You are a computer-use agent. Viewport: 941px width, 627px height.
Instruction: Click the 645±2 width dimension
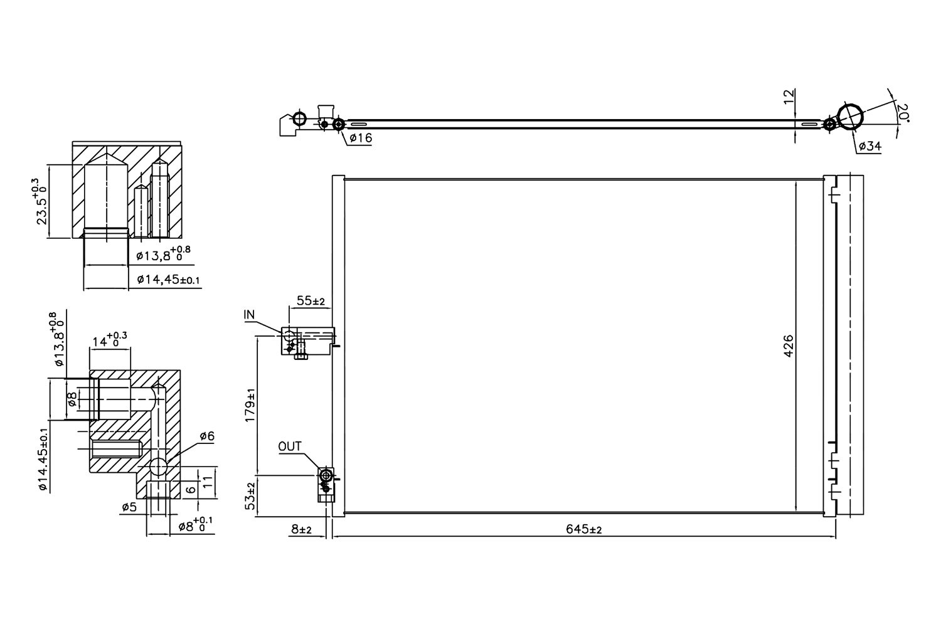583,530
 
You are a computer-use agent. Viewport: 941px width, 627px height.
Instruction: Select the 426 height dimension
789,345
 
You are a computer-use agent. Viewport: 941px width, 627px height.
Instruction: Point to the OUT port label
290,446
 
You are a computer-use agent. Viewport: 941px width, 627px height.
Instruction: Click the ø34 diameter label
869,146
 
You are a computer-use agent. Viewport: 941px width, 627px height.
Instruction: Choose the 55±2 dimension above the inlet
311,302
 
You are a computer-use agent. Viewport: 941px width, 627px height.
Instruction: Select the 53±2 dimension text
250,497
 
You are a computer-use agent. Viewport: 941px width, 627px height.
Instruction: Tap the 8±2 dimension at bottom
301,530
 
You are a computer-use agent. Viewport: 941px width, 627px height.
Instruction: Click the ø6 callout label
207,436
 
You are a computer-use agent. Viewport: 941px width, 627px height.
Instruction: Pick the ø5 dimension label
129,508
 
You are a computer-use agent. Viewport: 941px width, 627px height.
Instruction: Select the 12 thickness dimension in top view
789,96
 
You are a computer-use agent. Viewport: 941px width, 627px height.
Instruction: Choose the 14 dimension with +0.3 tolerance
109,341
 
